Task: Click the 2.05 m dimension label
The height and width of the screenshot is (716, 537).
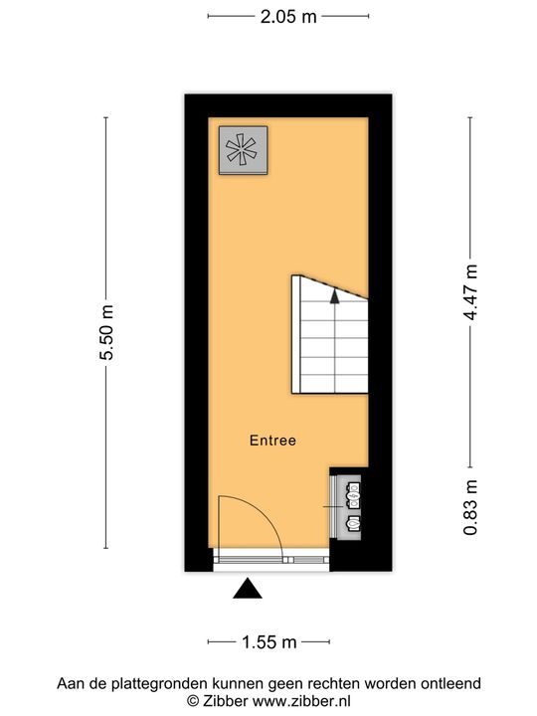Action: point(268,16)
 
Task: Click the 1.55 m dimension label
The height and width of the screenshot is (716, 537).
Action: point(268,642)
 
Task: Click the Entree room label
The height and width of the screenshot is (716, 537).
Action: point(272,440)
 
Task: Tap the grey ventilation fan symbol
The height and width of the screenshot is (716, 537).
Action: point(242,150)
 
